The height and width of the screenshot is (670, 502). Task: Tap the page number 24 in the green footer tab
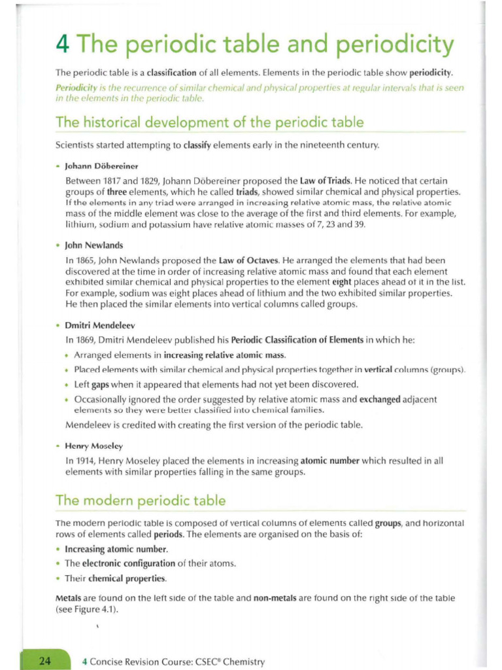(x=45, y=661)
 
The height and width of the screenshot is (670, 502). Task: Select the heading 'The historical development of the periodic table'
(x=209, y=122)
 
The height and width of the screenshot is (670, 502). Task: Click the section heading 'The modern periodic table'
(x=141, y=501)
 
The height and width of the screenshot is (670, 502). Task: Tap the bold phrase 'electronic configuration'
(x=120, y=563)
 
